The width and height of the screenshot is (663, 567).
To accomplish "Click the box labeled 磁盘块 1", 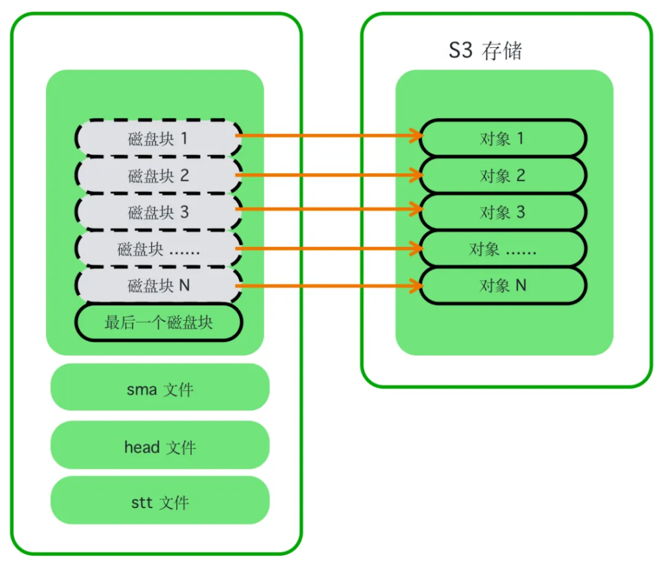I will point(159,138).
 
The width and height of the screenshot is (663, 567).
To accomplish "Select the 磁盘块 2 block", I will point(159,175).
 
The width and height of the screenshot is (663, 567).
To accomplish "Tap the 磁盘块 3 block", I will point(159,212).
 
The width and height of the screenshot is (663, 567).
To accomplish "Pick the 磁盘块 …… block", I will point(159,249).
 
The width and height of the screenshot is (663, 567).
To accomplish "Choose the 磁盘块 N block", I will point(159,285).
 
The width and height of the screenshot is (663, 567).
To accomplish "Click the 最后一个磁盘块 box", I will point(159,322).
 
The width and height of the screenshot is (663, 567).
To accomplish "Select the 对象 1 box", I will point(502,138).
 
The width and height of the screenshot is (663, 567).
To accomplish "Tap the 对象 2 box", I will point(502,175).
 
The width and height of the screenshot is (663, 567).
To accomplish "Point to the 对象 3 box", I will point(502,212).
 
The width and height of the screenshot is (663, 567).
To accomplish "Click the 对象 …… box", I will point(502,249).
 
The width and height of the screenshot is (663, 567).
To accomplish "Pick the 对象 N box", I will point(502,285).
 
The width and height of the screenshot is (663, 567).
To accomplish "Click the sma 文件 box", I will point(160,389).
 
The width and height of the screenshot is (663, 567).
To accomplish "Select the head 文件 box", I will point(160,446).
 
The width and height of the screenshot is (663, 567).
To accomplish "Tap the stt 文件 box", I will point(160,502).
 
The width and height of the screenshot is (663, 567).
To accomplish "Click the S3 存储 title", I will point(485,51).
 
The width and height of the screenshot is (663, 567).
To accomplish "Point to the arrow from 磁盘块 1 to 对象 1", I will point(327,136).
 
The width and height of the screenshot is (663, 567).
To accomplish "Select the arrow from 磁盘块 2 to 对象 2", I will point(327,175).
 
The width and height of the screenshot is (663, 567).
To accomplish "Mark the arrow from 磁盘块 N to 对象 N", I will point(327,286).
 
